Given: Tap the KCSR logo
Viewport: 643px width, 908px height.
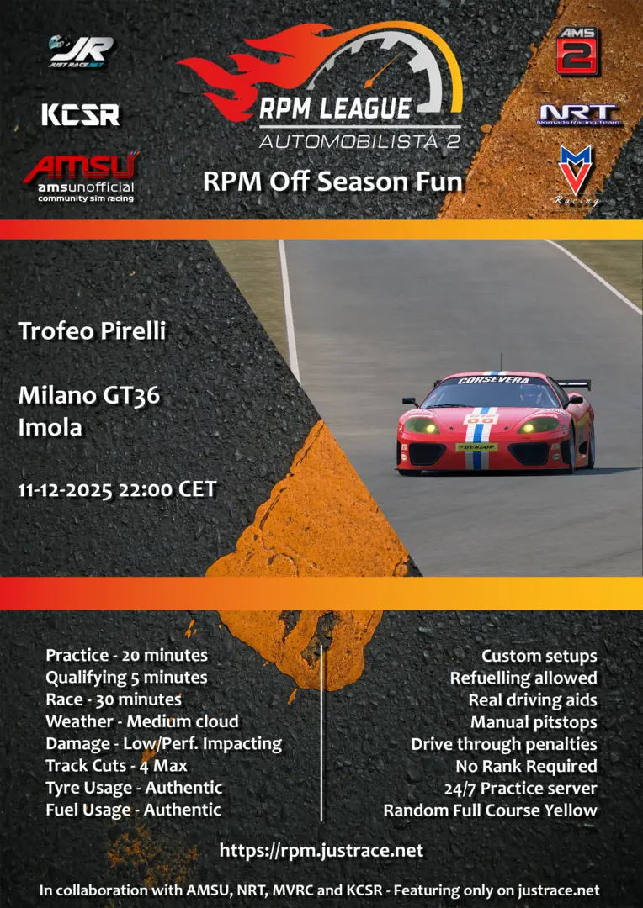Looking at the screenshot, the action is click(x=81, y=114).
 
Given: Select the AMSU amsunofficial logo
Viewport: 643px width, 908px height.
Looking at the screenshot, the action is click(x=81, y=177).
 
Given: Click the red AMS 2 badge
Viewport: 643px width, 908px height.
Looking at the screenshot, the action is click(x=577, y=50).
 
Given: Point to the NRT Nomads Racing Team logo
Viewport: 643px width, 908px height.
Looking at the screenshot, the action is click(x=577, y=114).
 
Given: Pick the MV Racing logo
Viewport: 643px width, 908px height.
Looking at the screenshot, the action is click(x=575, y=176).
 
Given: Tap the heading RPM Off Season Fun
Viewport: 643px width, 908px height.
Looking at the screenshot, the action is click(x=332, y=182).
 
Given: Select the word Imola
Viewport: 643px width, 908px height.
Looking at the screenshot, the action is click(x=50, y=427).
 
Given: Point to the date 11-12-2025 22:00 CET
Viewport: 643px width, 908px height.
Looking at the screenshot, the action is click(x=117, y=490).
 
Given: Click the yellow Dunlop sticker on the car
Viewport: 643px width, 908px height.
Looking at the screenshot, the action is click(x=476, y=447).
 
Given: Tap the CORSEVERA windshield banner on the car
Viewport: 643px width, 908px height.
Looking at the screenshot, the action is click(x=493, y=381).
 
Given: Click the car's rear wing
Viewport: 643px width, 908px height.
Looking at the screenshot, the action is click(x=573, y=383).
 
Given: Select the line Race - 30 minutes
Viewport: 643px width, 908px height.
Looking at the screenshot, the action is click(x=114, y=699).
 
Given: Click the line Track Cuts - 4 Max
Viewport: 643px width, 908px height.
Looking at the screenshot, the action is click(x=116, y=766).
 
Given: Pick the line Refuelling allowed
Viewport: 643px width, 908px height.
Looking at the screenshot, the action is click(x=523, y=678).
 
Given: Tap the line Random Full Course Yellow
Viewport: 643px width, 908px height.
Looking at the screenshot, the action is click(x=491, y=810).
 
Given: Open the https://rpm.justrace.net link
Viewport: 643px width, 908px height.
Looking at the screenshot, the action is click(x=321, y=850).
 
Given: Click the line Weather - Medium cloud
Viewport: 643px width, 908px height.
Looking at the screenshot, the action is click(x=142, y=721).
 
